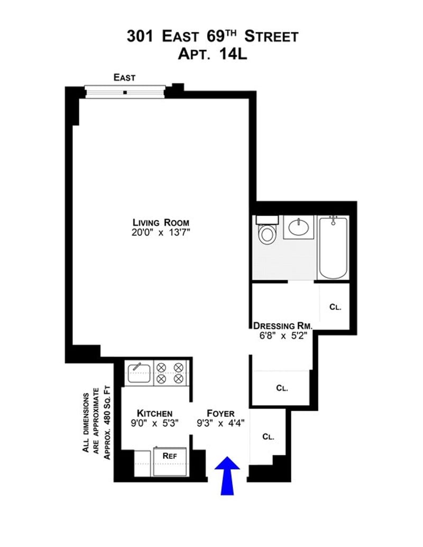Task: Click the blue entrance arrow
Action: [x=227, y=475]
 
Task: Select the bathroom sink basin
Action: [x=299, y=227]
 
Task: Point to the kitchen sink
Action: [x=139, y=371]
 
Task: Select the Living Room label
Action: [x=161, y=222]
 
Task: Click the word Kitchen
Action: [x=154, y=413]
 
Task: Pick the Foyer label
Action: [x=220, y=413]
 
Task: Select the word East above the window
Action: [x=125, y=78]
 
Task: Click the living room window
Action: [x=125, y=92]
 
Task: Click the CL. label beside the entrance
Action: [x=269, y=437]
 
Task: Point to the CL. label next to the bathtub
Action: [x=335, y=306]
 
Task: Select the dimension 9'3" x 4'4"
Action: [x=220, y=423]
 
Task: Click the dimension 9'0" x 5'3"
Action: [x=154, y=423]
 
